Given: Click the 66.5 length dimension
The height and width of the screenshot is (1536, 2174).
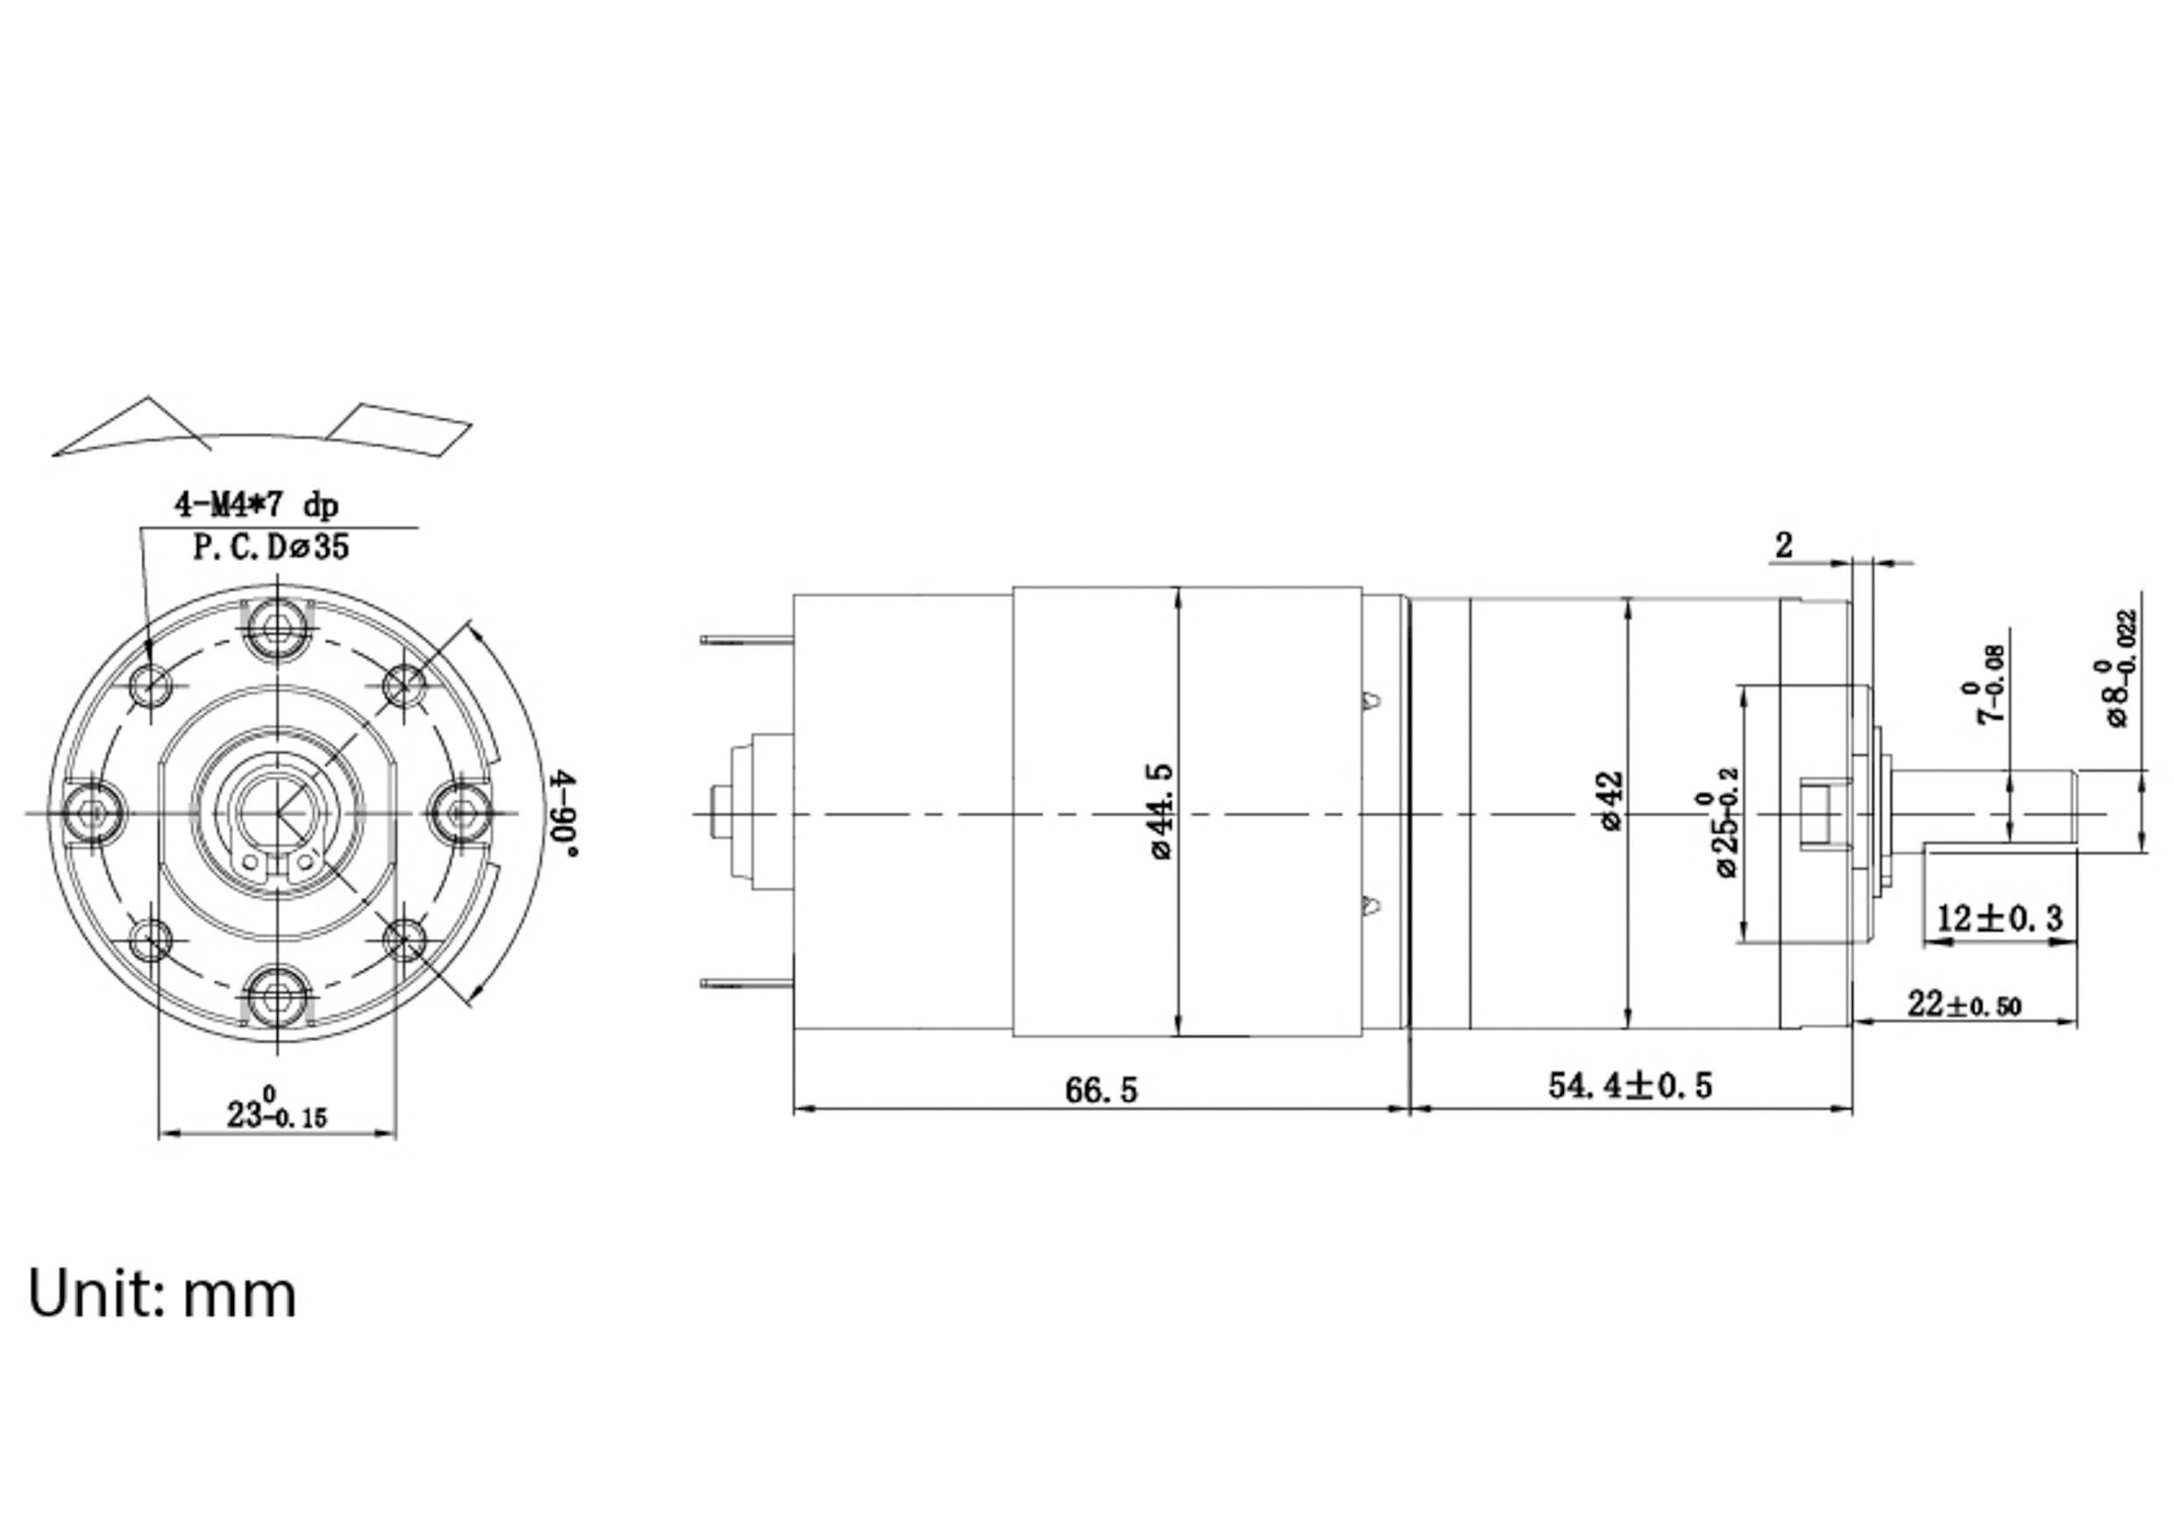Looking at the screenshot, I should (x=1100, y=1090).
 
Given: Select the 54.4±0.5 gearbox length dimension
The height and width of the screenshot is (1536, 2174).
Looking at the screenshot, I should (x=1630, y=1085).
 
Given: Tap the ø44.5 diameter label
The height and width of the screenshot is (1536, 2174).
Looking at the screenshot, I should (x=1162, y=812).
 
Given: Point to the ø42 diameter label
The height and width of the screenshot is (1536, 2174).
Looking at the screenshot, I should (x=1610, y=801).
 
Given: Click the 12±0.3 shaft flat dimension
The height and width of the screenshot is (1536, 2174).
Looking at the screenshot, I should (x=1999, y=918).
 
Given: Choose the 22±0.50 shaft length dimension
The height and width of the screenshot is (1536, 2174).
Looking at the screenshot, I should (x=1964, y=1005).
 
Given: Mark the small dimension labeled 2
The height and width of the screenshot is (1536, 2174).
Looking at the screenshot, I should (x=1783, y=546).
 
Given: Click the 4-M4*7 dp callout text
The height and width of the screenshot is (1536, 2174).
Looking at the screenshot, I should (x=256, y=505).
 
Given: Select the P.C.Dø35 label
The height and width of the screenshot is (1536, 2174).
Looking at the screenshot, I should (x=271, y=547).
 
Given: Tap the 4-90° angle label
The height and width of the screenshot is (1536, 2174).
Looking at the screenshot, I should (x=565, y=814).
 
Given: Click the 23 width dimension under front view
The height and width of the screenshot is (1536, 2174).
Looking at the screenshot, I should (x=275, y=1113).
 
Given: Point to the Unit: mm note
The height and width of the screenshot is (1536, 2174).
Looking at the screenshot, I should (x=162, y=1293).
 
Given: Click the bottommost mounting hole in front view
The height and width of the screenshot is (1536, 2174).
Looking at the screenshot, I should (x=277, y=996).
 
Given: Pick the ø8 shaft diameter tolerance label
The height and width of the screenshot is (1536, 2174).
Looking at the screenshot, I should (x=2119, y=668).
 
